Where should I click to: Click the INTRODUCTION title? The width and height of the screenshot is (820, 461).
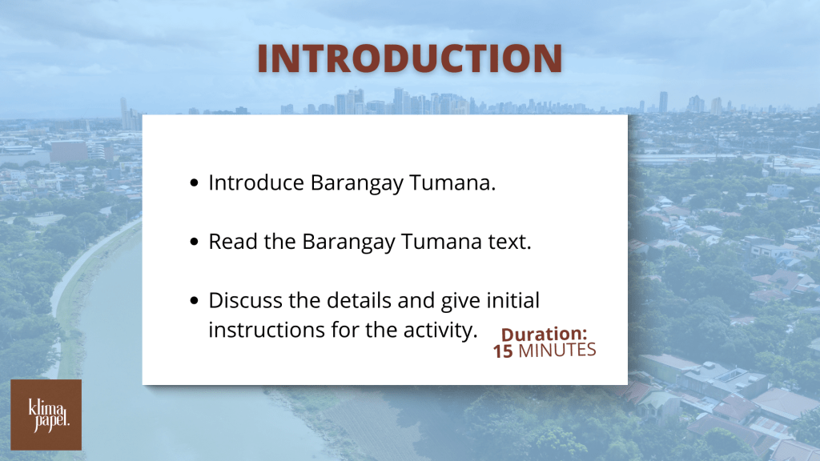(x=409, y=58)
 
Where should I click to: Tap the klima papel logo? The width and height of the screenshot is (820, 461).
(x=46, y=415)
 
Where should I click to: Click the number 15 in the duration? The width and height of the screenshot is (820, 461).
(x=503, y=351)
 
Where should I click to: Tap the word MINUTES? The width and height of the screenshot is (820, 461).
(x=557, y=351)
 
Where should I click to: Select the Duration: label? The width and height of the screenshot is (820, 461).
(x=544, y=334)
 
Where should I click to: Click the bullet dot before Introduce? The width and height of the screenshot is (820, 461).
(x=195, y=183)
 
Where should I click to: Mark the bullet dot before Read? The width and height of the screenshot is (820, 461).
(x=195, y=242)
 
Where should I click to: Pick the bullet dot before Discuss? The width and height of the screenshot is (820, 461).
(x=195, y=301)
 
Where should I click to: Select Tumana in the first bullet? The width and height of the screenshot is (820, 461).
(x=452, y=183)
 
